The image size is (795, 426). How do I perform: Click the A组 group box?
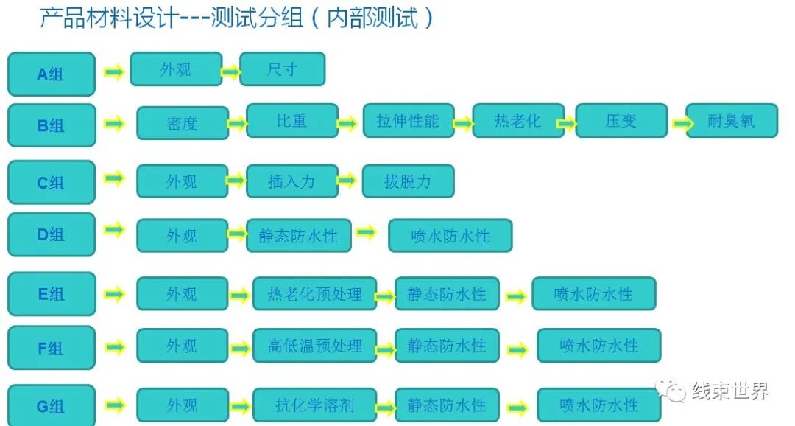point(52,74)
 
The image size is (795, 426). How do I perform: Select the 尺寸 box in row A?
point(283,69)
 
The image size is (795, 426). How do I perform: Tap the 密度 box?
point(182,123)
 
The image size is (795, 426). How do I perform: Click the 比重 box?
point(292,121)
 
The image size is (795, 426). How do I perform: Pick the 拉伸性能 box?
point(408,121)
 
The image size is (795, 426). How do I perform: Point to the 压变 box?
point(621,121)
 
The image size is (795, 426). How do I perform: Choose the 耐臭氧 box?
point(731,121)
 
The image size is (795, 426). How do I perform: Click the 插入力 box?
point(292,181)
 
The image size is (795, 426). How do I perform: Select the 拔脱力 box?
point(408,181)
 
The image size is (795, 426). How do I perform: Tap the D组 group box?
point(52,234)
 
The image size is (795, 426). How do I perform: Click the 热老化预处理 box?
point(314,294)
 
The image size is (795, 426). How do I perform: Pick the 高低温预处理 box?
point(314,346)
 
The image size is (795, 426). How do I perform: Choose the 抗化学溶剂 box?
point(314,405)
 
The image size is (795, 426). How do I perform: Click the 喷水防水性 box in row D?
point(450,236)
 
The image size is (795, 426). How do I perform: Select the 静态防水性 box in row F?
point(447,346)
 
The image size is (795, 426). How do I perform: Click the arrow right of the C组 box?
point(114,178)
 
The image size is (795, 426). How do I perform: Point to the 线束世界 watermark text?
point(730,390)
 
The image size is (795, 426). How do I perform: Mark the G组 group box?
point(52,405)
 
